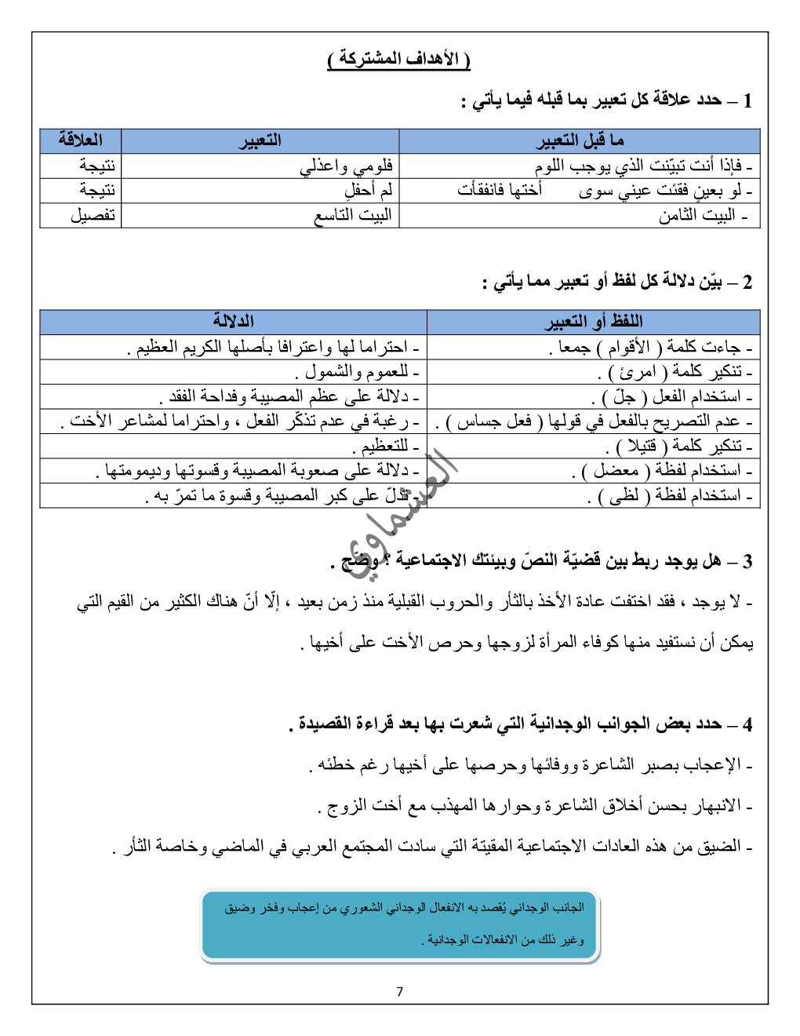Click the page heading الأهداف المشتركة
tap(398, 59)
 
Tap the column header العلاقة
tap(81, 140)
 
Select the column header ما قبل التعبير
tap(580, 140)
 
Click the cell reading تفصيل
tap(93, 215)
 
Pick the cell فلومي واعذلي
tap(346, 166)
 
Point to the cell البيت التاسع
tap(353, 215)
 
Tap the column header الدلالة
tap(233, 321)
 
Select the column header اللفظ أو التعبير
tap(594, 321)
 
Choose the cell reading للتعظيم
tap(385, 446)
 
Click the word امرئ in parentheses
tap(638, 371)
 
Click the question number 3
tap(747, 561)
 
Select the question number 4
tap(747, 724)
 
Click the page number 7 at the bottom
tap(400, 991)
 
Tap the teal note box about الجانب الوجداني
tap(400, 925)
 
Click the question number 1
tap(747, 100)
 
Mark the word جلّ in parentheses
tap(624, 396)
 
